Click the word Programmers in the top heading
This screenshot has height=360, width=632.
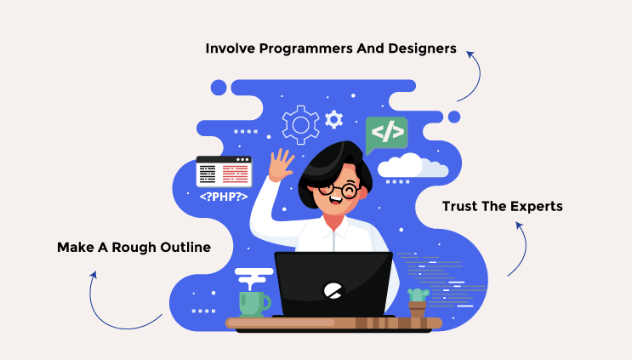(305, 49)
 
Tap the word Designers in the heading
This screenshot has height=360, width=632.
(422, 49)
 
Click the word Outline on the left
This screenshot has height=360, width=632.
(185, 247)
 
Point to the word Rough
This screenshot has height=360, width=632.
(134, 247)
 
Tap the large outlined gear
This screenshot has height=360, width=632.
(300, 125)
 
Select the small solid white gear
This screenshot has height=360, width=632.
(333, 119)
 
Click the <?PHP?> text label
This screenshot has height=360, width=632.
(224, 197)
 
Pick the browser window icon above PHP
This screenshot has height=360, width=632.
(224, 172)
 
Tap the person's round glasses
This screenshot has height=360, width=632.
(339, 189)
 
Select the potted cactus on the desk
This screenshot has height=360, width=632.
(418, 303)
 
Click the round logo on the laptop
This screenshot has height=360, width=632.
(333, 290)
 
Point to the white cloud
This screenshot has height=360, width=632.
(413, 165)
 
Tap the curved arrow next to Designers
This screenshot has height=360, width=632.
(478, 77)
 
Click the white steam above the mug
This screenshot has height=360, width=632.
(254, 278)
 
